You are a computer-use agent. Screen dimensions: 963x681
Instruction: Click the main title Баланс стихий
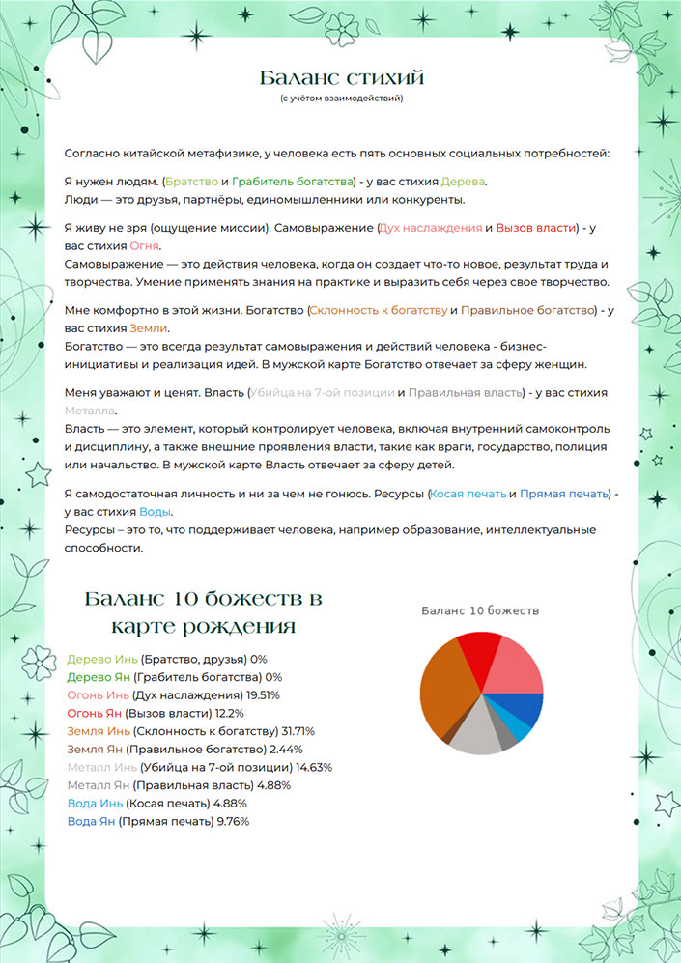(x=341, y=77)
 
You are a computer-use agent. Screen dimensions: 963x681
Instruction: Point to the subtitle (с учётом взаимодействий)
(x=341, y=99)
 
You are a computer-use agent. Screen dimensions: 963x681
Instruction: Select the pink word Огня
(x=143, y=246)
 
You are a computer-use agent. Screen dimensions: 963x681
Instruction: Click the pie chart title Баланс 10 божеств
(x=480, y=610)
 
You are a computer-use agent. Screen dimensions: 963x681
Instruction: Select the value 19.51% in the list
(x=253, y=694)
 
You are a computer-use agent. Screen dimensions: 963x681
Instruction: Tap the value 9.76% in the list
(x=233, y=821)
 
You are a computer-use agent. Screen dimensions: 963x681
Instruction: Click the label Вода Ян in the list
(x=91, y=821)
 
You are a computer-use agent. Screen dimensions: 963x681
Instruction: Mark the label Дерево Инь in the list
(x=95, y=659)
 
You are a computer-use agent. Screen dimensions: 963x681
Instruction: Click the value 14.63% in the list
(x=306, y=767)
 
